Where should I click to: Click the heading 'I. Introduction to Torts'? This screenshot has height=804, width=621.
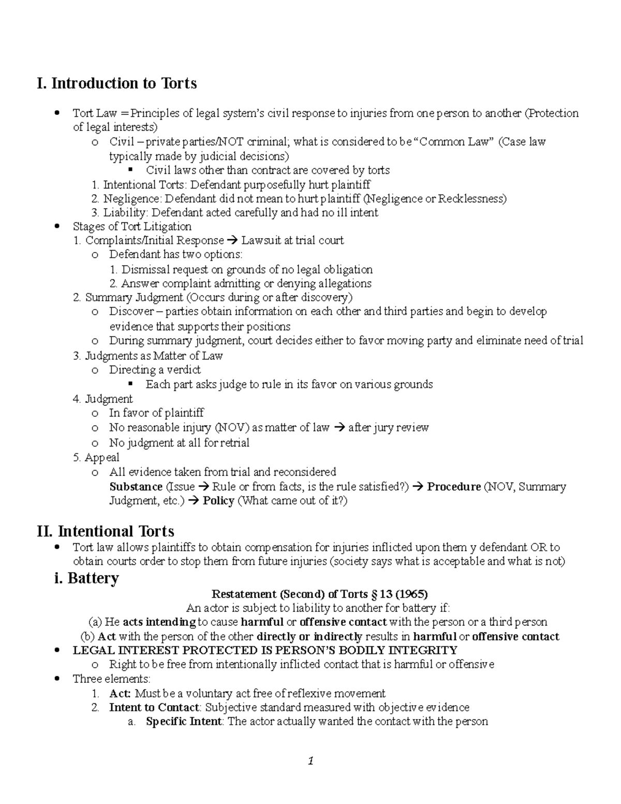pos(116,83)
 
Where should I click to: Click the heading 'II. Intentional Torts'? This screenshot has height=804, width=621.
pos(105,531)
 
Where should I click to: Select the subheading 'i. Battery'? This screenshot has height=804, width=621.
pos(86,578)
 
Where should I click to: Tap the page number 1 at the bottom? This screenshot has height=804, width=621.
pos(310,761)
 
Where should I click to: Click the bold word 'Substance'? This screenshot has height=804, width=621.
pos(136,487)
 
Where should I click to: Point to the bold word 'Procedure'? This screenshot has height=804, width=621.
pos(453,487)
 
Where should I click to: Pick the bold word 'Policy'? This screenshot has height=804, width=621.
pos(218,501)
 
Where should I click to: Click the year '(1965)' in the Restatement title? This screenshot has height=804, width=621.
pos(411,594)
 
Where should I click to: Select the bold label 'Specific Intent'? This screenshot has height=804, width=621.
pos(184,721)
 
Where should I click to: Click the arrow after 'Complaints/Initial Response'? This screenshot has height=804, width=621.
pos(232,241)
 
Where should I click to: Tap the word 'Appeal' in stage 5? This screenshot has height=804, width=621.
pos(102,457)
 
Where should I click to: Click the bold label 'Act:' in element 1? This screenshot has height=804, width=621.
pos(120,693)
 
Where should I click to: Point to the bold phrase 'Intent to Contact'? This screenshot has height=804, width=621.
pos(154,707)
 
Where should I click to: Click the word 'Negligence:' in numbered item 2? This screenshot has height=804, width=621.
pos(132,198)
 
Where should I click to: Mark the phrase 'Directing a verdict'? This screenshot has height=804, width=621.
pos(155,370)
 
